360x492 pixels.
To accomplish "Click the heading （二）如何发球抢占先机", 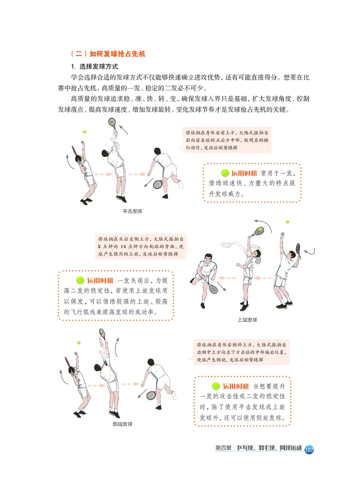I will (x=108, y=54).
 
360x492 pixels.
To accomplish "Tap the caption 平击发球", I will (x=132, y=211).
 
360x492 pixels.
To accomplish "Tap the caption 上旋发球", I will (x=247, y=320).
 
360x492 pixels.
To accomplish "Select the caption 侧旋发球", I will (x=122, y=424).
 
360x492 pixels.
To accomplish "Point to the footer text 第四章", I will (x=223, y=449).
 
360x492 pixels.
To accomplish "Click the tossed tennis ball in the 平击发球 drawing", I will (x=84, y=132).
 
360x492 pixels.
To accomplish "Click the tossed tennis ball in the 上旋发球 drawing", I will (x=287, y=222).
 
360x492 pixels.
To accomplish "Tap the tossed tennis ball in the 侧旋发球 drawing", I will (x=79, y=343).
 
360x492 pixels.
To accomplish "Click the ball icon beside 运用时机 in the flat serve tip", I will (x=225, y=173).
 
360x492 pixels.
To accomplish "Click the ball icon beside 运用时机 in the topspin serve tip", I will (x=81, y=280).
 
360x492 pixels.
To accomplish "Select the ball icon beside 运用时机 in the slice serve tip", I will (x=216, y=386).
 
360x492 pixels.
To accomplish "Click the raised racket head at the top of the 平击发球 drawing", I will (x=112, y=121).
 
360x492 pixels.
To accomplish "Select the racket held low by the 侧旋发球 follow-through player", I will (x=152, y=395).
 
